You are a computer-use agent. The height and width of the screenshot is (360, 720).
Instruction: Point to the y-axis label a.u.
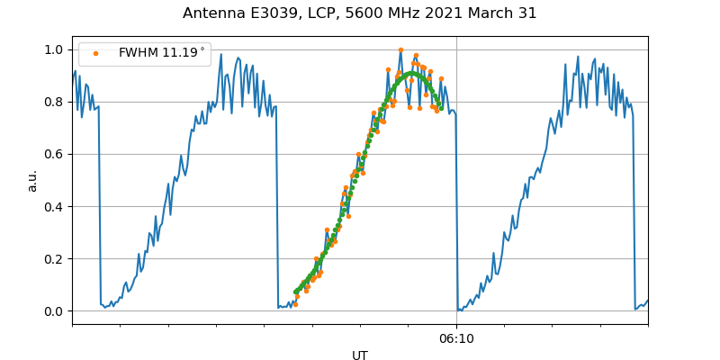click(32, 180)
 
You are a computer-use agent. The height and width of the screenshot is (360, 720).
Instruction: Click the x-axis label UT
click(360, 355)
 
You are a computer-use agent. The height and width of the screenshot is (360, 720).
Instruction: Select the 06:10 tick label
click(456, 338)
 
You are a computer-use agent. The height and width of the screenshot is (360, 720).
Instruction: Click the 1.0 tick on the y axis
click(54, 49)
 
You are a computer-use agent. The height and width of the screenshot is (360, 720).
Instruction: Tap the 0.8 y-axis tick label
click(54, 102)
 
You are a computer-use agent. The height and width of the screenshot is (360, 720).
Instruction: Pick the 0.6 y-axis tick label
click(54, 154)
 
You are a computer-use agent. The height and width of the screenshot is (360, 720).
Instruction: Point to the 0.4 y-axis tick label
click(54, 206)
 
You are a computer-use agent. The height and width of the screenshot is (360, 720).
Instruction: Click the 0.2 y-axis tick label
click(54, 258)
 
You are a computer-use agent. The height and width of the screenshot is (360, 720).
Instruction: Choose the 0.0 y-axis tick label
click(54, 311)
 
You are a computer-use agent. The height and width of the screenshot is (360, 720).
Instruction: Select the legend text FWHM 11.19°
click(162, 53)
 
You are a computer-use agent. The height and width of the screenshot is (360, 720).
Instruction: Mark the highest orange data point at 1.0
click(400, 50)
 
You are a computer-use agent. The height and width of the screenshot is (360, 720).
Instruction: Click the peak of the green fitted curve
click(410, 74)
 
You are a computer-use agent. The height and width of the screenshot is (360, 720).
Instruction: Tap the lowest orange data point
click(295, 304)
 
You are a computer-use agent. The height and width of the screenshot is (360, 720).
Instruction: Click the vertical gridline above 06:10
click(456, 180)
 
